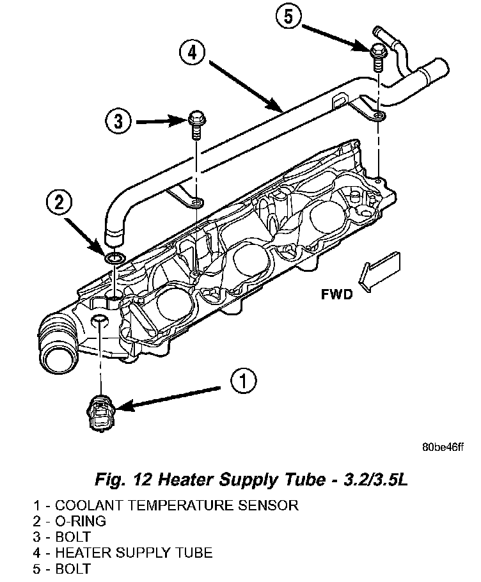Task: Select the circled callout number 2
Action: tap(59, 204)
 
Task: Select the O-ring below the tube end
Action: tap(114, 258)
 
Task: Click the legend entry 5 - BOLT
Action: tap(62, 569)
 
